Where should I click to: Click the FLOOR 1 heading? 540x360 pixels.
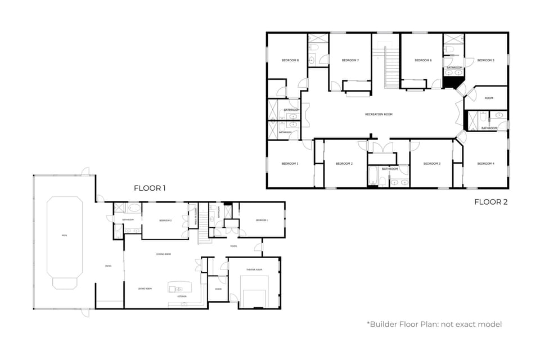[x=150, y=188]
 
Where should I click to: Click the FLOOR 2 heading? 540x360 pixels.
[x=490, y=202]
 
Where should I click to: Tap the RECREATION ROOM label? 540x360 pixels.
[x=379, y=114]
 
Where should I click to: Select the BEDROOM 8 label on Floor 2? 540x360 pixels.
[x=290, y=60]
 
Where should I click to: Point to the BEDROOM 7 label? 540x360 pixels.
[x=350, y=60]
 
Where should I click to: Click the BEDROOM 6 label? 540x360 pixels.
[x=423, y=60]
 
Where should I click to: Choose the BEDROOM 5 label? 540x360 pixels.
[x=485, y=60]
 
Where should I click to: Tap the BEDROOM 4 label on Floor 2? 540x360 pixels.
[x=485, y=163]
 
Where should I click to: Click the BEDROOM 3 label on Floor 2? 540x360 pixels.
[x=431, y=163]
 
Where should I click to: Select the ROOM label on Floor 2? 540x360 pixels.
[x=489, y=98]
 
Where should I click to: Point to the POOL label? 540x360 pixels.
[x=64, y=235]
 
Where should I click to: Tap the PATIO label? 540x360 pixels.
[x=108, y=266]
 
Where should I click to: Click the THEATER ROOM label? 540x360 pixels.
[x=254, y=270]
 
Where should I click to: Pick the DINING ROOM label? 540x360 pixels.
[x=164, y=254]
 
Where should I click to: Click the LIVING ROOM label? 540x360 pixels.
[x=145, y=289]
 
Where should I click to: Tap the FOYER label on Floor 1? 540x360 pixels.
[x=233, y=246]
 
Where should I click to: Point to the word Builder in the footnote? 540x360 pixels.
[x=384, y=324]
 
